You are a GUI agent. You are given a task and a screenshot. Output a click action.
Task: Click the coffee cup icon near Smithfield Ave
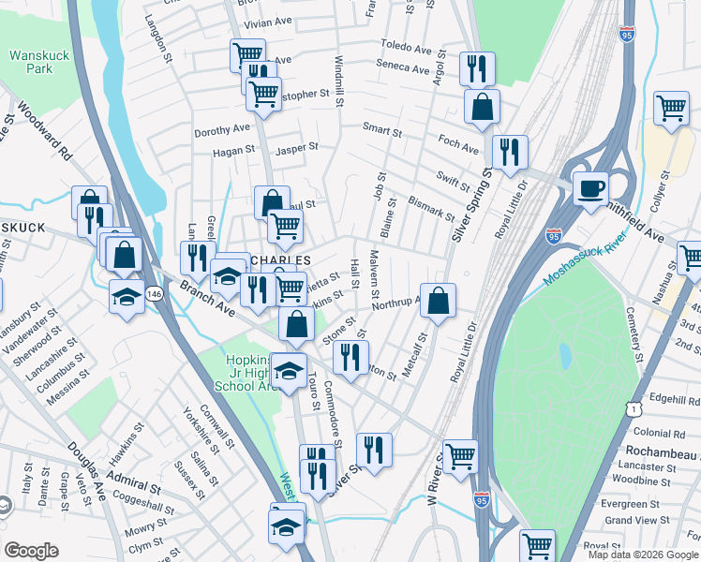(590, 188)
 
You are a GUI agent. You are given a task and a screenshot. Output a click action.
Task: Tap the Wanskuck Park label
(39, 62)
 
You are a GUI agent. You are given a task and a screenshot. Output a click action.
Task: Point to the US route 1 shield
(636, 409)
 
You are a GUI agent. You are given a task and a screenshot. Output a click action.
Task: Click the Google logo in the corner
(31, 551)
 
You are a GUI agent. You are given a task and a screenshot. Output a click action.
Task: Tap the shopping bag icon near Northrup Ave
(438, 301)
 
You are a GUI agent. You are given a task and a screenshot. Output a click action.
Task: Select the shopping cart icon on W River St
(460, 456)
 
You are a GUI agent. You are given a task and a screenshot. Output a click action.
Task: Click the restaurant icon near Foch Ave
(509, 152)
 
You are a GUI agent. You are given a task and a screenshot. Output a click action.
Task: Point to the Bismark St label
(432, 207)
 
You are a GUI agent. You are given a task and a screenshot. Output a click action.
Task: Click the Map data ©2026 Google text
(643, 555)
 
